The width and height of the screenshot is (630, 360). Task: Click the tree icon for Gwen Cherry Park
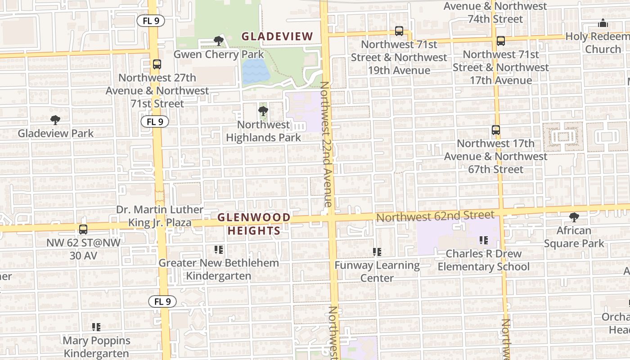(219, 41)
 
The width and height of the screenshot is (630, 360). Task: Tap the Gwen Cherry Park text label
(219, 54)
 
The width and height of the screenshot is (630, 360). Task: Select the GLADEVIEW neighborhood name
(277, 36)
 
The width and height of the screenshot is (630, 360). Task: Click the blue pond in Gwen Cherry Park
(255, 72)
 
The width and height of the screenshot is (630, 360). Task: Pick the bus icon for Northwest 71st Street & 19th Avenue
(399, 31)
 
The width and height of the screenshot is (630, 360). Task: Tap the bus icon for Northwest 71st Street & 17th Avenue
(500, 41)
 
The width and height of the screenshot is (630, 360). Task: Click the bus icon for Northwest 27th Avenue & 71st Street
(157, 64)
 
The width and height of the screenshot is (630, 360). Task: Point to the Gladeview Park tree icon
(55, 120)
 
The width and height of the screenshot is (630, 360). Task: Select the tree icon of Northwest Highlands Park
(263, 111)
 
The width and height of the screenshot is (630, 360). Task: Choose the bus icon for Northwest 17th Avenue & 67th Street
(495, 130)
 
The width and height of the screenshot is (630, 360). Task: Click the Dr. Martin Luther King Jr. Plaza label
(160, 216)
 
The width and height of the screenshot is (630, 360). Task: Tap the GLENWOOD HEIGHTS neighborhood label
(254, 224)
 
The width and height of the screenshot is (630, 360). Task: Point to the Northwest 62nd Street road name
(435, 216)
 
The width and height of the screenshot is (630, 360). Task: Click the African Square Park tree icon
(574, 217)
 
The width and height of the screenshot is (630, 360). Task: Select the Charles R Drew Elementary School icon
(484, 240)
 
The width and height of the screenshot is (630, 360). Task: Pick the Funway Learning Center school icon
(377, 252)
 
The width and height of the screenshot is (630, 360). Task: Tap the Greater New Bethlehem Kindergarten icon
(219, 249)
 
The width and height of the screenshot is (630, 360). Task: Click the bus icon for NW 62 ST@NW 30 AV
(83, 229)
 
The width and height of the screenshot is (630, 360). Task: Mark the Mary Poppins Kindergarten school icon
(96, 327)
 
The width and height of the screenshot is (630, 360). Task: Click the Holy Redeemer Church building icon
(603, 23)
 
